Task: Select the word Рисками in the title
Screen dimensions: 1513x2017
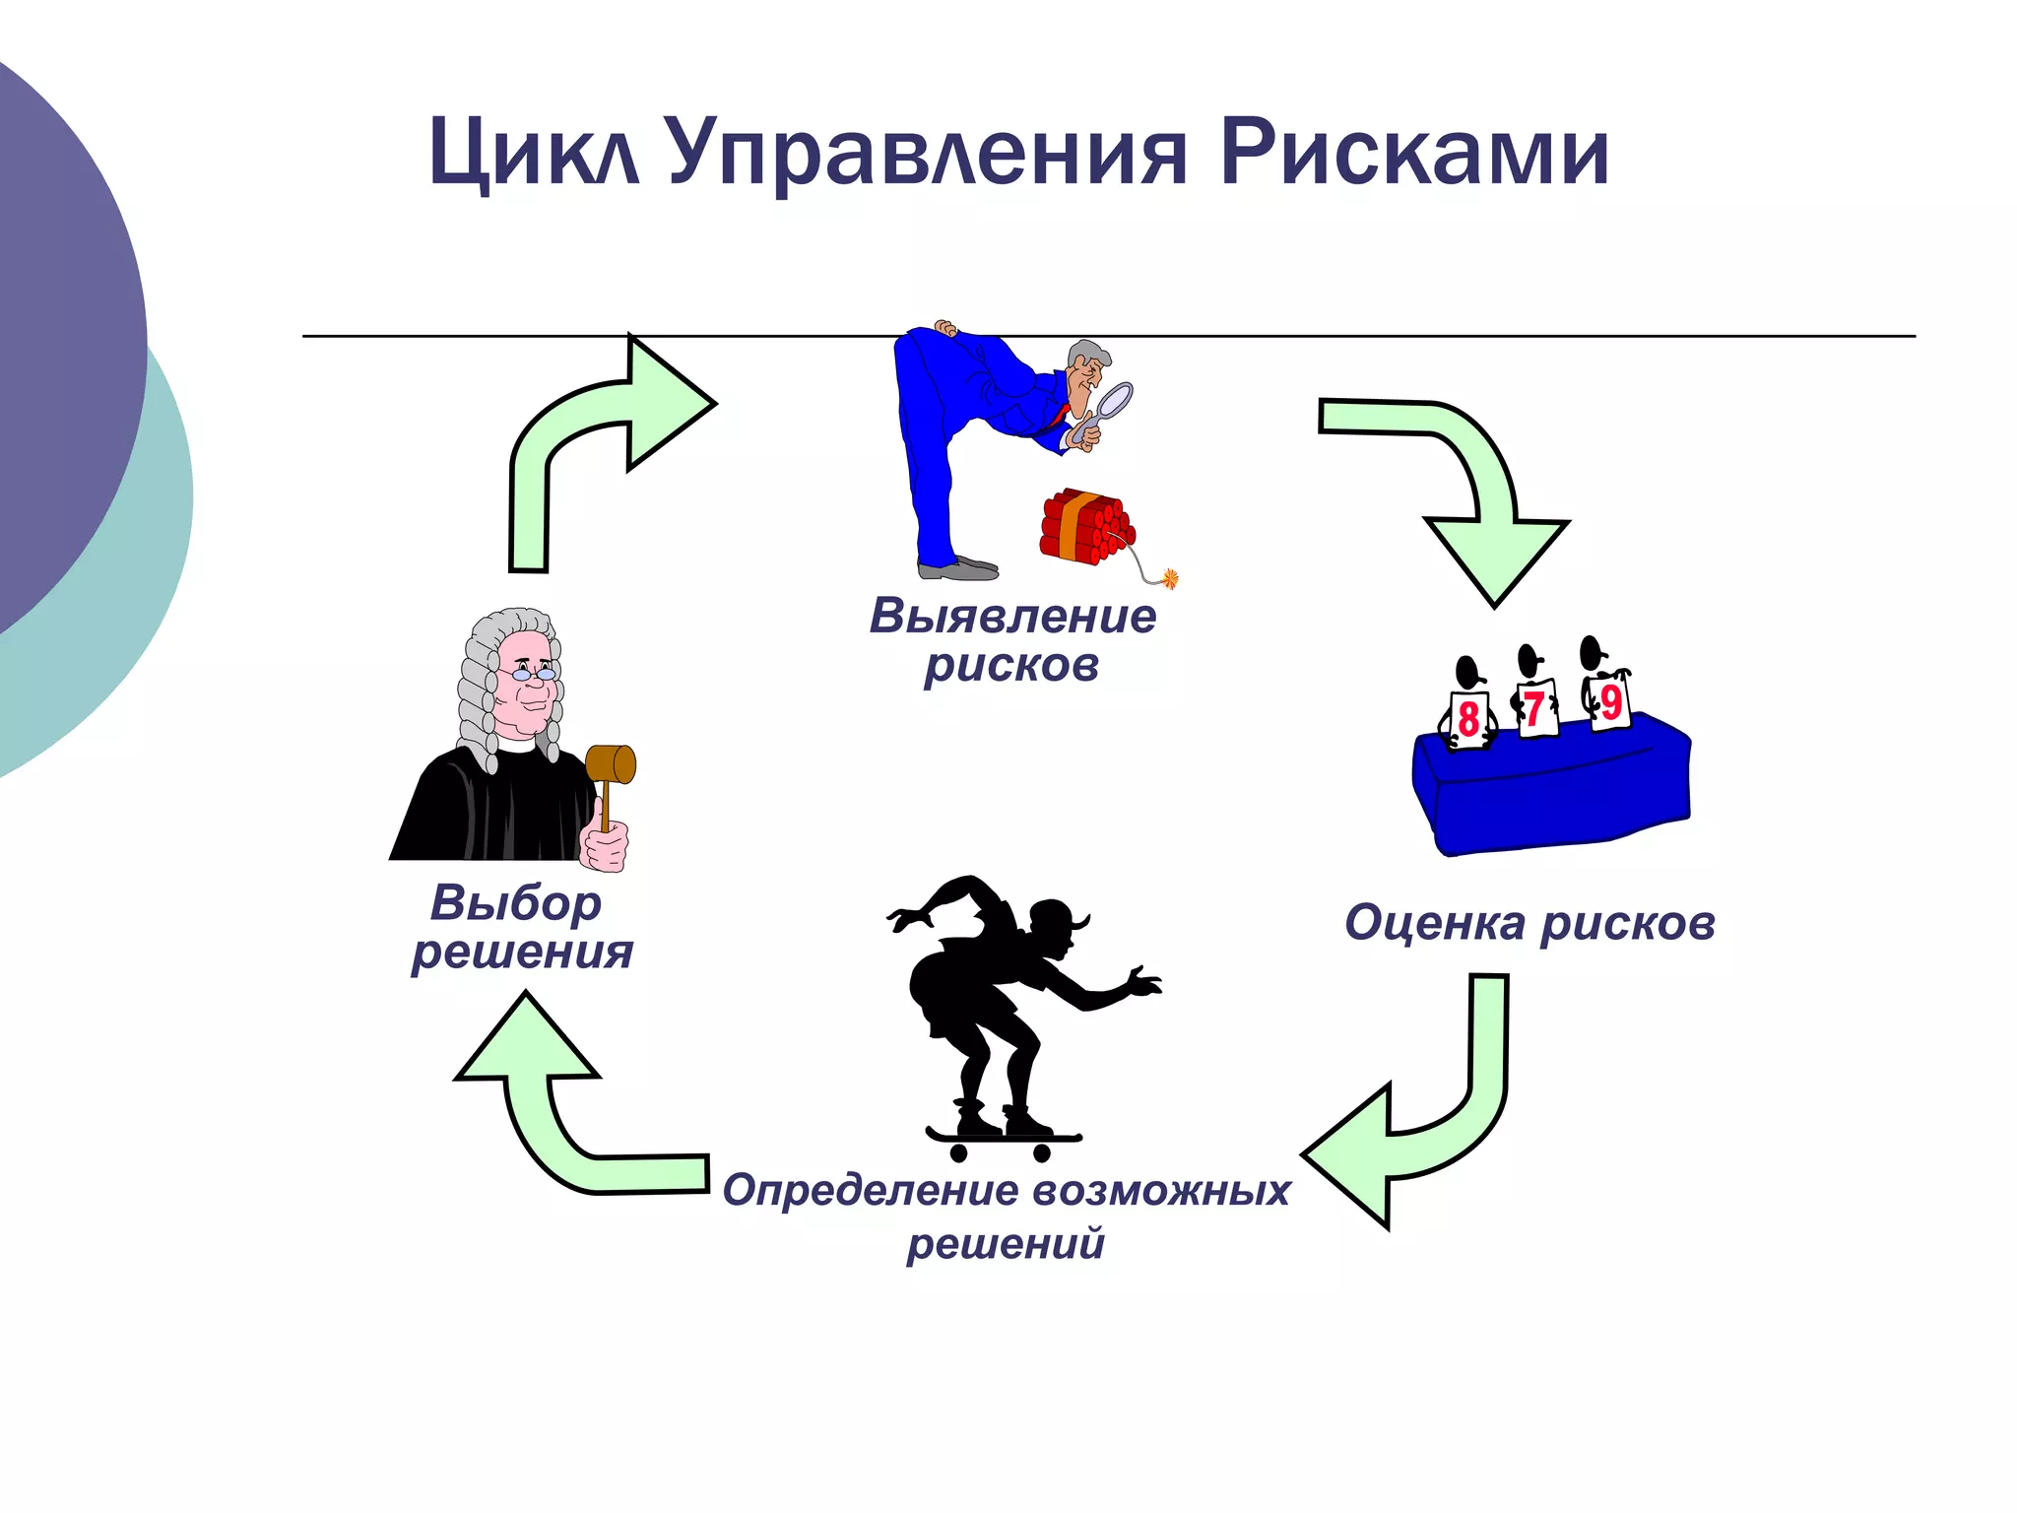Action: pos(1414,153)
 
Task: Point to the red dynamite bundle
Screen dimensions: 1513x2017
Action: pos(1083,526)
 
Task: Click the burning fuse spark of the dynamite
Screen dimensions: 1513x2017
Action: pos(1170,578)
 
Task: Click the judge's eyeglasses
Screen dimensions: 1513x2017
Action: pos(532,674)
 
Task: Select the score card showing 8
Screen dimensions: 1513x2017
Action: pos(1468,719)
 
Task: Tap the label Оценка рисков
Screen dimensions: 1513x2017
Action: pos(1529,924)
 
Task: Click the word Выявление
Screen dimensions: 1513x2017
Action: pos(1012,617)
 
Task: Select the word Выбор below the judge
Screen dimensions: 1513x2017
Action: pos(516,903)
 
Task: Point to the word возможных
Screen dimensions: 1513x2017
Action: pos(1162,1190)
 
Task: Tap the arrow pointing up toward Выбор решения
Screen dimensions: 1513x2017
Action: pos(552,1103)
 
